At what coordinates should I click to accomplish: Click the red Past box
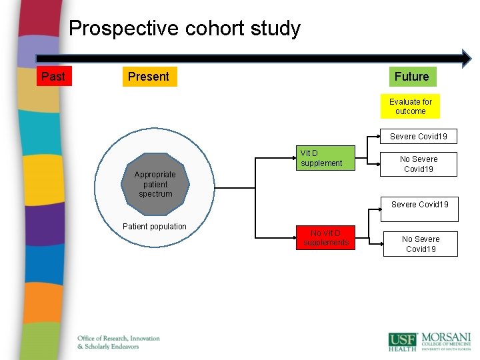[x=53, y=77]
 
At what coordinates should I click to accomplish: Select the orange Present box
[x=149, y=77]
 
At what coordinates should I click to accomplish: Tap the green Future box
[x=411, y=77]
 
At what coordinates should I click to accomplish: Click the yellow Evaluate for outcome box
[x=411, y=107]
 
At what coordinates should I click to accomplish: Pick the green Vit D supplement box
[x=326, y=158]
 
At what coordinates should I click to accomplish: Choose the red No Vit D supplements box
[x=325, y=238]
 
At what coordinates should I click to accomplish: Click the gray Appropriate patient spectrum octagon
[x=155, y=184]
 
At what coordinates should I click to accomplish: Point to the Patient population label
[x=155, y=227]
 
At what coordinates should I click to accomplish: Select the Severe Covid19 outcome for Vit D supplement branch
[x=419, y=137]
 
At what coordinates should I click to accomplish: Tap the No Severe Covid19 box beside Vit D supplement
[x=419, y=164]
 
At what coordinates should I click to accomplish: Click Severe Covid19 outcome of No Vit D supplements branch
[x=419, y=205]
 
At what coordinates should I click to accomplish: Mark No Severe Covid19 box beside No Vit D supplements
[x=421, y=244]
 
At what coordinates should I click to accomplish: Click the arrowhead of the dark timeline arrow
[x=465, y=58]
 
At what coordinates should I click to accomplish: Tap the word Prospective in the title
[x=115, y=29]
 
